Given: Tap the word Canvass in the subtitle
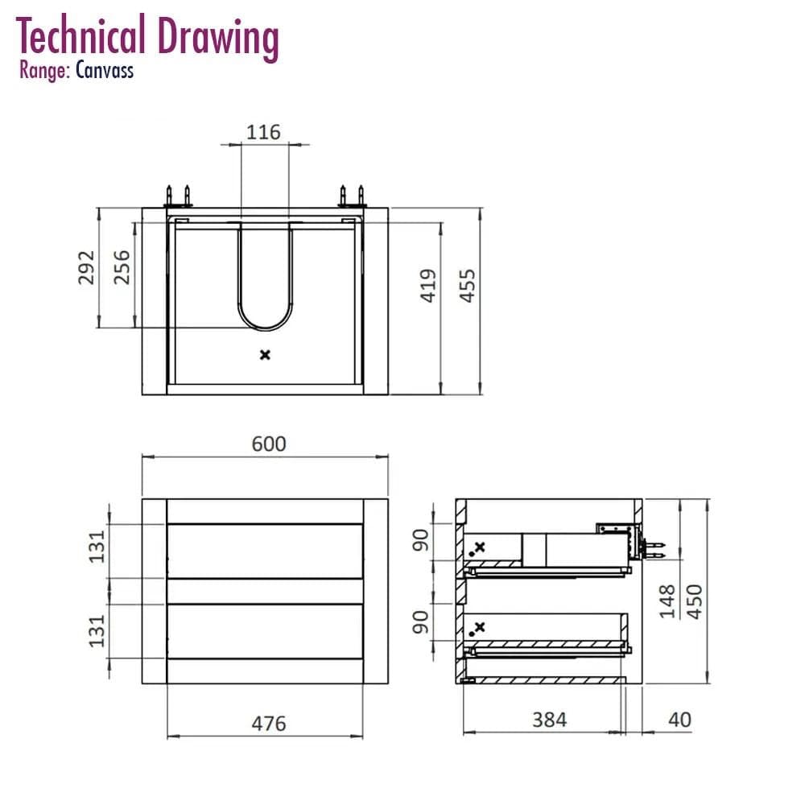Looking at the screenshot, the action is [x=105, y=70].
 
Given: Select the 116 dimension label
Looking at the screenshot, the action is [x=263, y=132].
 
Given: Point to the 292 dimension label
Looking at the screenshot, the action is [x=86, y=267].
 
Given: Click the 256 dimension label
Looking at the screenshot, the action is [x=122, y=267].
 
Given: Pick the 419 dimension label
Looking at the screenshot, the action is [x=428, y=286].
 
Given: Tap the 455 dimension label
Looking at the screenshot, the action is [x=467, y=286].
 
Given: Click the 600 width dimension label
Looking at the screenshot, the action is [x=269, y=444].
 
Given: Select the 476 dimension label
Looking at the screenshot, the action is [x=269, y=724].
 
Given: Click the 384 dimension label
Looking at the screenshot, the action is [x=549, y=720].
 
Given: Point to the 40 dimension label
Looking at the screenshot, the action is [x=679, y=720].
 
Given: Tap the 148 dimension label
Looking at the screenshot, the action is [x=667, y=601].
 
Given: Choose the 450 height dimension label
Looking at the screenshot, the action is [x=694, y=601].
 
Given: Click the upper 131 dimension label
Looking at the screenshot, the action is [x=97, y=547].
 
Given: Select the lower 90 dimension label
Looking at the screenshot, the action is [x=420, y=622].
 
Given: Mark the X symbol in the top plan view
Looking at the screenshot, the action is [x=265, y=355].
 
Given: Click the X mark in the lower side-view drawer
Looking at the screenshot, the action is [x=480, y=627].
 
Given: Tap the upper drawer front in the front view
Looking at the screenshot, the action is [x=265, y=551].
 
